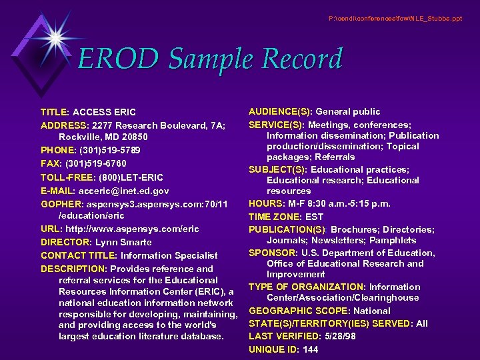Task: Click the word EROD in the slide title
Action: tap(117, 59)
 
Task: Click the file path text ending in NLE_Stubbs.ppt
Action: tap(395, 18)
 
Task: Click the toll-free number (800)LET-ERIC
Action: tap(131, 177)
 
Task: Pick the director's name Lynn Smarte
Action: tap(123, 242)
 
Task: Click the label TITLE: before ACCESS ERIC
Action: tap(55, 112)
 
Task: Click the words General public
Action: tap(348, 111)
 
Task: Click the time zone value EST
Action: tap(314, 217)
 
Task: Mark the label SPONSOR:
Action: tap(273, 253)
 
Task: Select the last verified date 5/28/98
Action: tap(341, 337)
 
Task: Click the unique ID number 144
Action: tap(310, 350)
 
